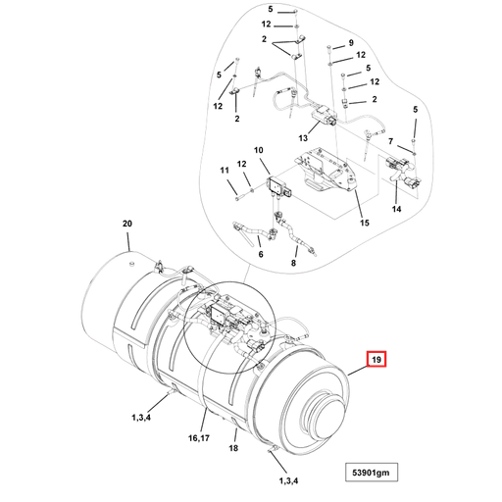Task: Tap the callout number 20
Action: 126,225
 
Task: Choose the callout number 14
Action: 397,210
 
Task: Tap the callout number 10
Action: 260,150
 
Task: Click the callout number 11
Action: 225,171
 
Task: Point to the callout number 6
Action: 261,255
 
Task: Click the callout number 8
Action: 293,263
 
